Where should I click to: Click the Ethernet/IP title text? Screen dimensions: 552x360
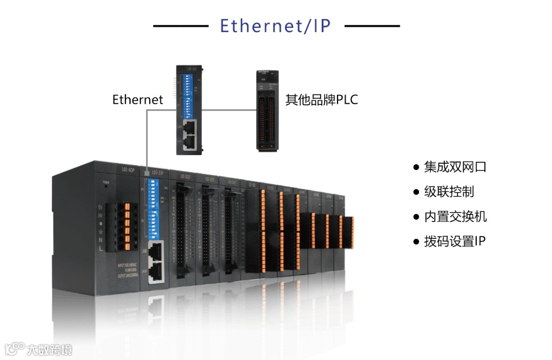point(276,26)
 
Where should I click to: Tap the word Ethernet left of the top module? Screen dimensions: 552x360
point(138,100)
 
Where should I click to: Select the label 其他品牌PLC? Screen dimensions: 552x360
point(321,100)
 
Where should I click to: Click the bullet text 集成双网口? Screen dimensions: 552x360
point(455,167)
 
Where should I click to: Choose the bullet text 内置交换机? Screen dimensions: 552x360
point(455,217)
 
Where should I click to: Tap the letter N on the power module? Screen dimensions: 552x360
point(100,239)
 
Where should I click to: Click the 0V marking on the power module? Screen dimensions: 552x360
point(100,207)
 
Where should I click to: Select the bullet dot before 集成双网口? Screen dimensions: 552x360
point(416,167)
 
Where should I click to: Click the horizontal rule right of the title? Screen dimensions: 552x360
point(372,26)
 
